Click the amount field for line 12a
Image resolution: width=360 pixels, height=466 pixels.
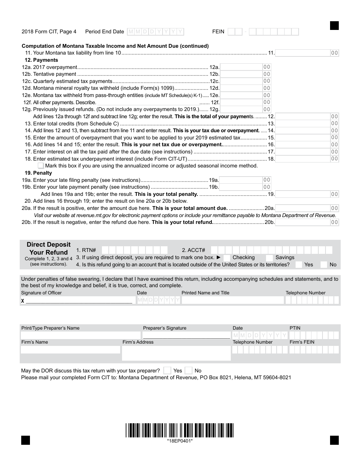pyautogui.click(x=241, y=67)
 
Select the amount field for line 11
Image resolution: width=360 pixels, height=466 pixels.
pyautogui.click(x=303, y=53)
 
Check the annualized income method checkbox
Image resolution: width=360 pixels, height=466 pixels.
pyautogui.click(x=41, y=166)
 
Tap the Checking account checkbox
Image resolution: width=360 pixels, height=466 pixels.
pyautogui.click(x=227, y=258)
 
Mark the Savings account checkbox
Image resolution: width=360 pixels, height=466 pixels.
pyautogui.click(x=269, y=258)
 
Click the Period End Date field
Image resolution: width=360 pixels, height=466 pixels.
pyautogui.click(x=155, y=32)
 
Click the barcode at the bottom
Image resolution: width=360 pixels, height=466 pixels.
pyautogui.click(x=180, y=430)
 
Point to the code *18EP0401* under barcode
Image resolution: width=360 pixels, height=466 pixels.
pyautogui.click(x=180, y=441)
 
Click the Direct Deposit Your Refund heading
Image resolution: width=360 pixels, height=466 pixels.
pyautogui.click(x=49, y=249)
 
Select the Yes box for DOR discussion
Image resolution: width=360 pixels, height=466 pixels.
pyautogui.click(x=167, y=371)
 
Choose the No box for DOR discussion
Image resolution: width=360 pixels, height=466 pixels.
pyautogui.click(x=188, y=371)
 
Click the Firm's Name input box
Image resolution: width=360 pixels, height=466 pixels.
pyautogui.click(x=70, y=350)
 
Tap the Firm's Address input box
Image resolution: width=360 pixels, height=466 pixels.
pyautogui.click(x=176, y=353)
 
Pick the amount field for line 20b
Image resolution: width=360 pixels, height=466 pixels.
pyautogui.click(x=303, y=222)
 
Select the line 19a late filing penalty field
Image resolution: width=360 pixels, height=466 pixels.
pyautogui.click(x=241, y=180)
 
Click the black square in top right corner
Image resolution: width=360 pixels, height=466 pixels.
pyautogui.click(x=334, y=26)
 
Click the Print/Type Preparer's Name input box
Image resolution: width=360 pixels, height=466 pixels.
pyautogui.click(x=80, y=335)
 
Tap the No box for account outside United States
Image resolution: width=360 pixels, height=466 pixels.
pyautogui.click(x=324, y=265)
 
